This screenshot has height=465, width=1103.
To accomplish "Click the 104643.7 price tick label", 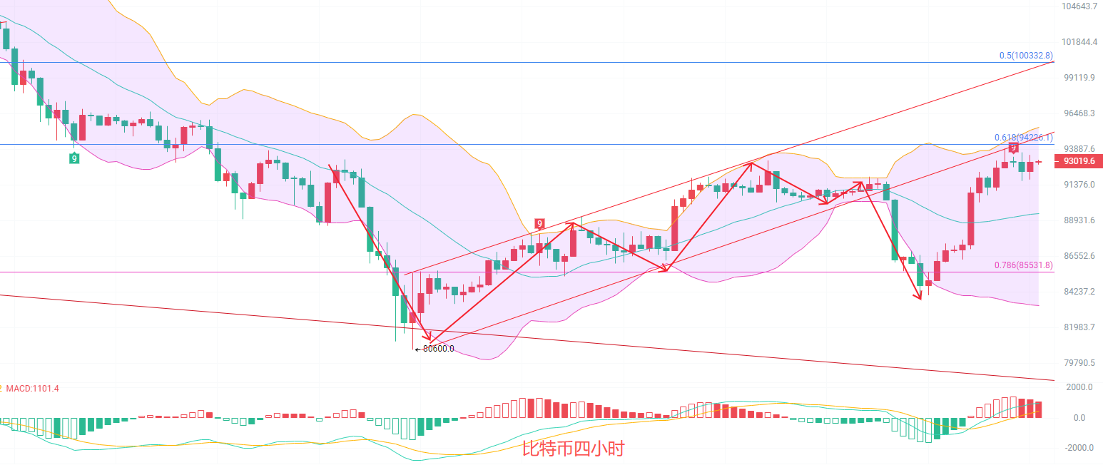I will point(1078,6).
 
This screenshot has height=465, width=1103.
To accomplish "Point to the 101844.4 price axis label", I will point(1078,42).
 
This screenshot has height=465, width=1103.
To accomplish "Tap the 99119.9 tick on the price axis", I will point(1078,78).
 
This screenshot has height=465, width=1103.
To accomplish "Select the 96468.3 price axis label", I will point(1078,113).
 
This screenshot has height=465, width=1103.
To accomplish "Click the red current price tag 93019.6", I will point(1079,161).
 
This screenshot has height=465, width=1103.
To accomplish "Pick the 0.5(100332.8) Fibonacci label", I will point(1025,56).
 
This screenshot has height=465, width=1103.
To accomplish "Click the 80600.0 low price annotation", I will point(437,349).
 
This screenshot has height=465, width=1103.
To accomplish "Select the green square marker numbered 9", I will point(74,158).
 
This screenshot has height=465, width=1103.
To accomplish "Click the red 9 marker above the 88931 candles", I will point(540,223).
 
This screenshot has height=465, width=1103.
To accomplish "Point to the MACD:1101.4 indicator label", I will point(33,389).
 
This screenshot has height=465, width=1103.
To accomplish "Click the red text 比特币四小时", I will point(574,449).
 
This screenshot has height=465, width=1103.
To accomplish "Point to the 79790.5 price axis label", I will point(1078,363).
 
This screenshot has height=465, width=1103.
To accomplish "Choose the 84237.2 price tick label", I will point(1078,292).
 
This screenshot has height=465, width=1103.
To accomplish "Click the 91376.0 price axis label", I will point(1078,185).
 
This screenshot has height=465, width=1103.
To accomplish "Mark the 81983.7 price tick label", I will point(1078,327).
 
